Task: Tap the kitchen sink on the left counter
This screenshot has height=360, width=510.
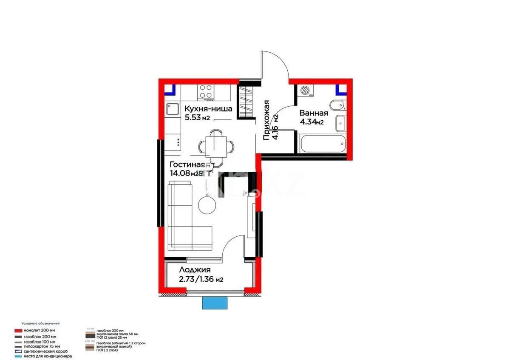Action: click(173, 110)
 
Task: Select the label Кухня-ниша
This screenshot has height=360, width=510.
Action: click(208, 109)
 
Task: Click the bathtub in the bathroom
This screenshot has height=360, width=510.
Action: click(323, 144)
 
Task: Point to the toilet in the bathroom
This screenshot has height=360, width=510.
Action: click(337, 105)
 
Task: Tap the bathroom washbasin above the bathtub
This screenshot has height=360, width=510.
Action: click(341, 123)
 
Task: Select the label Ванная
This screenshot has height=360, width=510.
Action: click(314, 113)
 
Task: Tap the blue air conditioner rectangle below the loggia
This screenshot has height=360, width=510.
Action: click(215, 303)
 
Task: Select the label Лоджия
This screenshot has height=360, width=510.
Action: click(194, 270)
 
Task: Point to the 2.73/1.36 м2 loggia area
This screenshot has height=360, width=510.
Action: click(201, 279)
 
